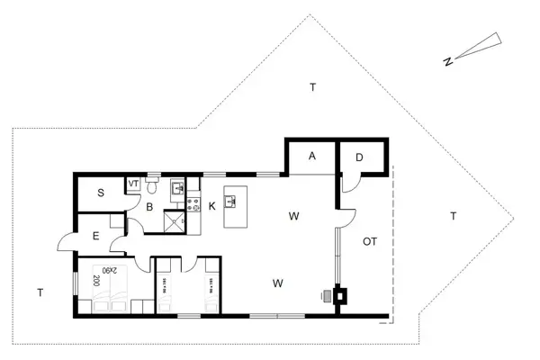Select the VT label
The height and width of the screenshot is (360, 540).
coord(133,184)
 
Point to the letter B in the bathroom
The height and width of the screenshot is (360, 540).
coord(150,206)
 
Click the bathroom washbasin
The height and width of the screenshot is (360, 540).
coord(177,189)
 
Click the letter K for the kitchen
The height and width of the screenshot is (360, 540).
coord(211,206)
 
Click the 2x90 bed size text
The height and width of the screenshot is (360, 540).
coord(107,271)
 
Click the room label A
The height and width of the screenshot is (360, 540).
coord(312,156)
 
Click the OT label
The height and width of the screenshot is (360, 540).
coord(369,241)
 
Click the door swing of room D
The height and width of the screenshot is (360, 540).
coord(352,184)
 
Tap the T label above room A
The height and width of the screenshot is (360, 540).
coord(312,87)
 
